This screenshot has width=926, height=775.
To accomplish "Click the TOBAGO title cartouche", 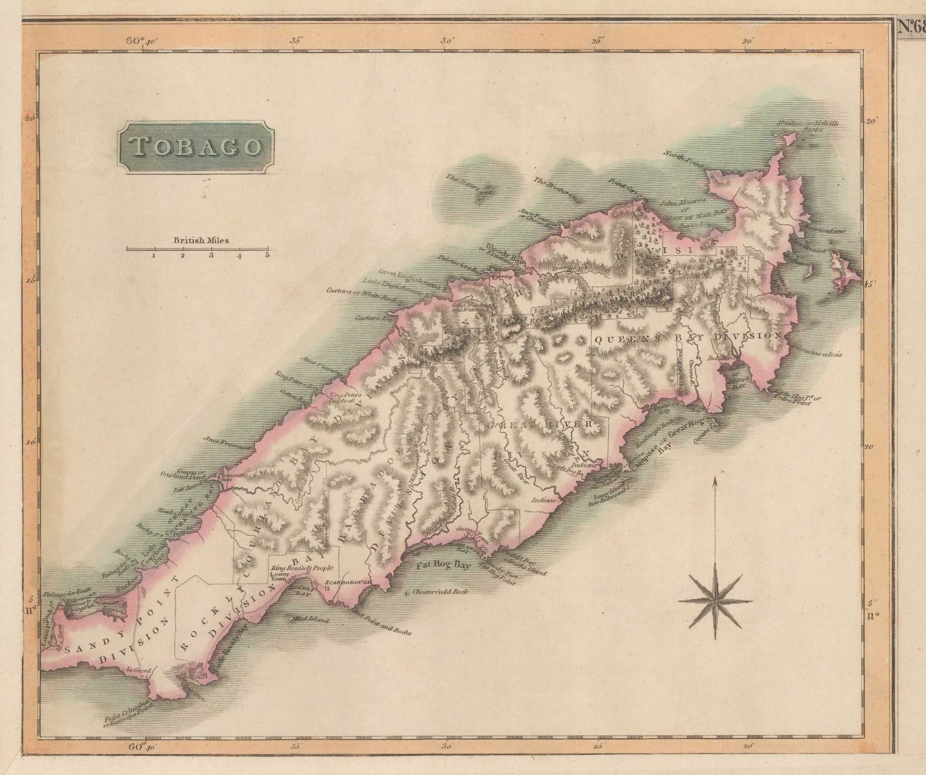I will coord(196,147).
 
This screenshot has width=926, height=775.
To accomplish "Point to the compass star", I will coord(715,601).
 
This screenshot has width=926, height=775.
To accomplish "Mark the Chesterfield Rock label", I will coord(438,592).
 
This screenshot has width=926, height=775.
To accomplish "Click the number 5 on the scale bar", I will coord(267,255).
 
